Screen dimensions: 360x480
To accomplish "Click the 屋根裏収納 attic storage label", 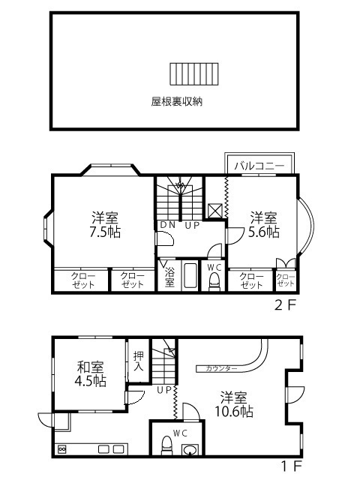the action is coord(177,101).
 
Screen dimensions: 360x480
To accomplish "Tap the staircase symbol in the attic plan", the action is coord(194,74).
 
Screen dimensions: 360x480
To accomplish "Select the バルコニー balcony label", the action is coord(259,166).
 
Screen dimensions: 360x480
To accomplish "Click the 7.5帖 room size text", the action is coord(105,232).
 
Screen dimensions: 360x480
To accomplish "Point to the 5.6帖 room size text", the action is coord(263,232).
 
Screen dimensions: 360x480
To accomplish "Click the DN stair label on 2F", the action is coord(168,225).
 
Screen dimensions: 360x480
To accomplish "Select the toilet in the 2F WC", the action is coord(214,282).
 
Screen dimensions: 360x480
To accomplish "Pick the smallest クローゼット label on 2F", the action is coord(286,280).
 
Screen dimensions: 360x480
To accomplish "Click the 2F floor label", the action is coord(286,305).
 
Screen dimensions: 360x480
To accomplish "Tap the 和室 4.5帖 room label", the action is coord(90,374).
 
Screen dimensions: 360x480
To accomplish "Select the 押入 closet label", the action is coord(138,361).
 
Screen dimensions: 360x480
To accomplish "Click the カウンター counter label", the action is coord(221,368).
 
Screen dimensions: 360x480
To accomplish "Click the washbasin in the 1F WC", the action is coord(190,450).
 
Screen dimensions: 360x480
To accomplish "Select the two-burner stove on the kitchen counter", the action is coord(61,449).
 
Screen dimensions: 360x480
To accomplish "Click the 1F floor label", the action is coord(292,466).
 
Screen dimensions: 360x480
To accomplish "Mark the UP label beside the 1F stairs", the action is coord(164,390).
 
